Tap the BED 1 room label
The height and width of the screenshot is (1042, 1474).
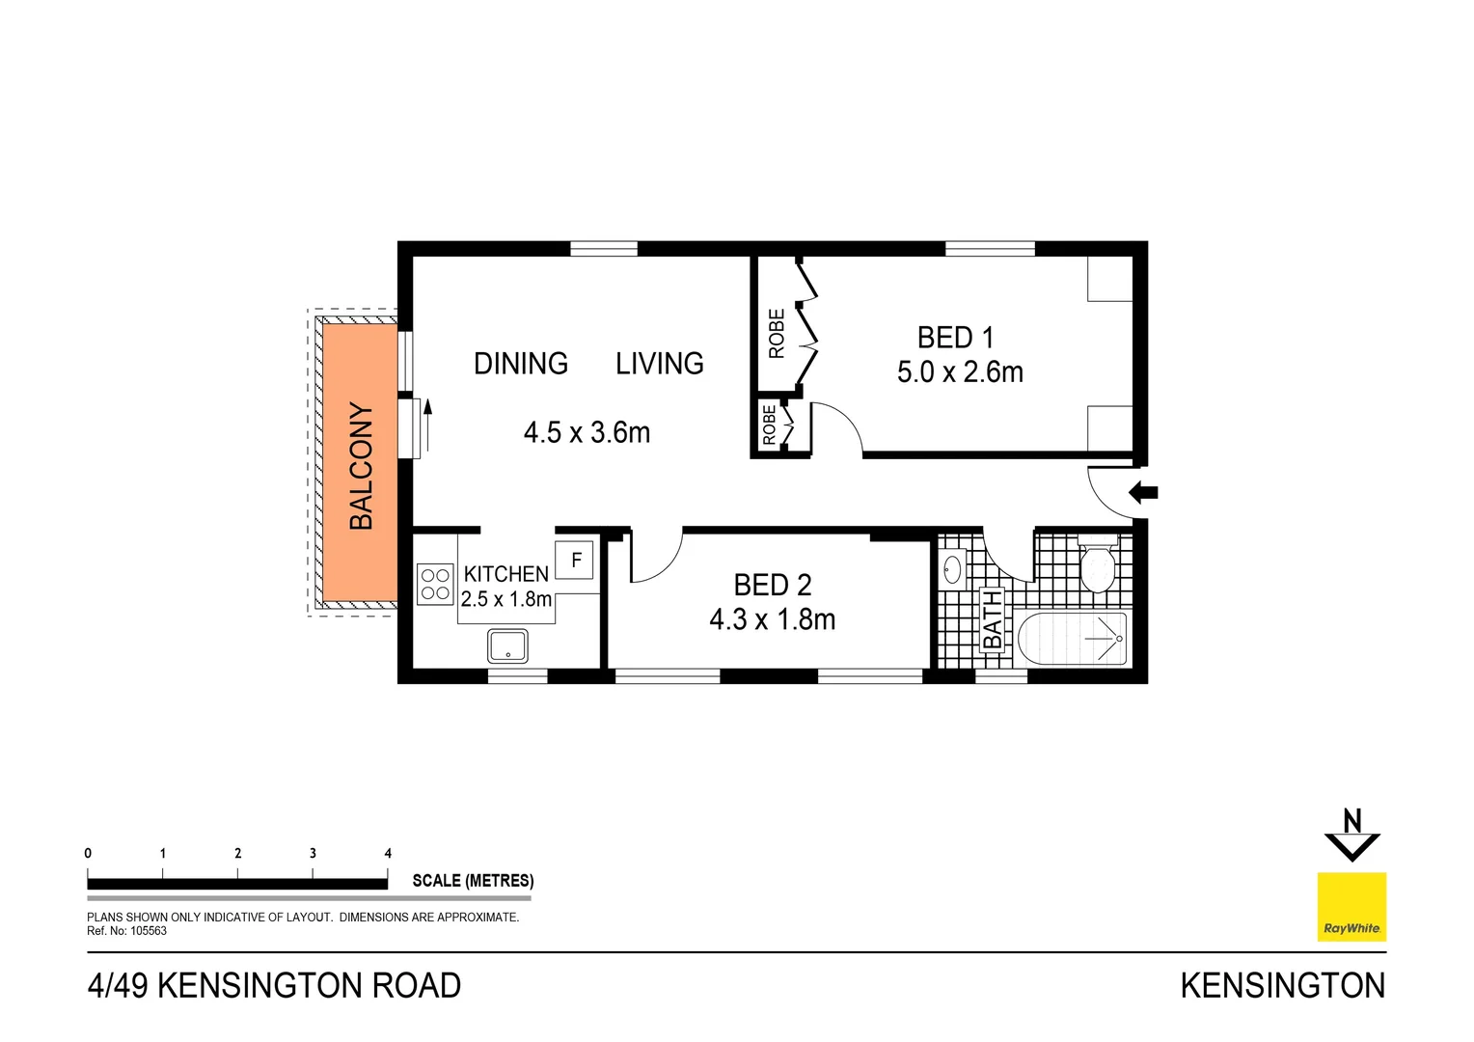[x=955, y=338]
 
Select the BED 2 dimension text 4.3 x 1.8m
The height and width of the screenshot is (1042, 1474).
[x=772, y=619]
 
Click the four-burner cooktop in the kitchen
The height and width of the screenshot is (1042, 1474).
[x=435, y=584]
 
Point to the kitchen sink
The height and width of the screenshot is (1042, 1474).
[x=507, y=645]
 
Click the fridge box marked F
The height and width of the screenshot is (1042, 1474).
[x=576, y=560]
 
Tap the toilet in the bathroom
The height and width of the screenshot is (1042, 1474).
[x=1097, y=567]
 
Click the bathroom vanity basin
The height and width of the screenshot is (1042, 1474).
[x=952, y=568]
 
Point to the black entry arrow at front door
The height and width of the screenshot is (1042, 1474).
[x=1143, y=492]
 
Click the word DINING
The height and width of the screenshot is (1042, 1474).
[x=521, y=364]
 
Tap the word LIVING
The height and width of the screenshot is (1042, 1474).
[x=660, y=364]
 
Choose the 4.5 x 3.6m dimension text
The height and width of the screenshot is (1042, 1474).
[x=587, y=432]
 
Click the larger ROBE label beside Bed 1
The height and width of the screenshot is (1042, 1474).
[x=777, y=334]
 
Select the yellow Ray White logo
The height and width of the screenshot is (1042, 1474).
[x=1351, y=907]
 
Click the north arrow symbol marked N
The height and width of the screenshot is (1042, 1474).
[x=1351, y=835]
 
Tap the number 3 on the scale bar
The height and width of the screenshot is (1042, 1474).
[x=313, y=853]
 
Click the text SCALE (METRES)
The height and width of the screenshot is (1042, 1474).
[x=473, y=881]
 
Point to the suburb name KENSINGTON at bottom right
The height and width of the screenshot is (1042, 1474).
[x=1282, y=986]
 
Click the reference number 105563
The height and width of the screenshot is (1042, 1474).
[x=149, y=931]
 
